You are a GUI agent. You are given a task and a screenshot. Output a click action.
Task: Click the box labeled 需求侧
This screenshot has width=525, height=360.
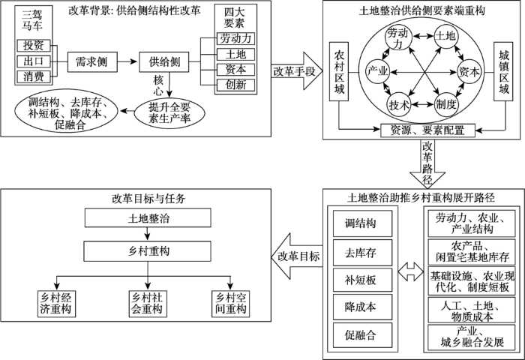(92, 62)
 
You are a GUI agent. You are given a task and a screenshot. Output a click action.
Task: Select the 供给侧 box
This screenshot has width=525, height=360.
(164, 62)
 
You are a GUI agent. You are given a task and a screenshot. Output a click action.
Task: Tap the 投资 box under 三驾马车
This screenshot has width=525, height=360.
(34, 46)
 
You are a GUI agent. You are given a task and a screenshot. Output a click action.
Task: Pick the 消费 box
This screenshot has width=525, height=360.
(34, 76)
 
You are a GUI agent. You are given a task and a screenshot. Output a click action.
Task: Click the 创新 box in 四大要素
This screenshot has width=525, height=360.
(235, 85)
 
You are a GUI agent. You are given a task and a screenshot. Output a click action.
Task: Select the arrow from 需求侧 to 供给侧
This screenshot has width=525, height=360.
(128, 62)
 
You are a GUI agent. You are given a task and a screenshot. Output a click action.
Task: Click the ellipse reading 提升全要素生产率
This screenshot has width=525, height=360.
(169, 112)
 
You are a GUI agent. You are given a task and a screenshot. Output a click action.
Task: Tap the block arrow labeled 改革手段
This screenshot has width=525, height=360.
(297, 71)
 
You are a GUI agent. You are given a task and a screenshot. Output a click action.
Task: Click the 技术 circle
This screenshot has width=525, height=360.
(399, 105)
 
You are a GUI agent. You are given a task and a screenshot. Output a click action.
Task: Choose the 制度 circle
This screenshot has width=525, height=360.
(446, 105)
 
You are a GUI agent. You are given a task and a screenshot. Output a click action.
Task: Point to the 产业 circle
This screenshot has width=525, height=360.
(378, 71)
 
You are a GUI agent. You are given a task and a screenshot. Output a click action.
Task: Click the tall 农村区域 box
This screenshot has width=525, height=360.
(339, 71)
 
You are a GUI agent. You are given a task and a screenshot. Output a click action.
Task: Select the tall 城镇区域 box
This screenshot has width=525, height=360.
(503, 71)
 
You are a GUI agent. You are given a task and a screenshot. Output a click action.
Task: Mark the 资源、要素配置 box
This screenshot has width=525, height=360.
(428, 130)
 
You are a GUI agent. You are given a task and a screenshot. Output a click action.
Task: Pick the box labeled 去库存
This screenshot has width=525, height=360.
(362, 253)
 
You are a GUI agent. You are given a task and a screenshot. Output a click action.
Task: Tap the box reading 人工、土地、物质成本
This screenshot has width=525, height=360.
(472, 310)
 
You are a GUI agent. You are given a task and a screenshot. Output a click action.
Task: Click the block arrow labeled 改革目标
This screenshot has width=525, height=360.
(297, 256)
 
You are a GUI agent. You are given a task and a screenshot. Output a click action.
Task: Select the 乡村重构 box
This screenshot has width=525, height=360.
(147, 251)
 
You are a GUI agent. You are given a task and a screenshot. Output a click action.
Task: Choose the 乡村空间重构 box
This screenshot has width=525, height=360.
(231, 304)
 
